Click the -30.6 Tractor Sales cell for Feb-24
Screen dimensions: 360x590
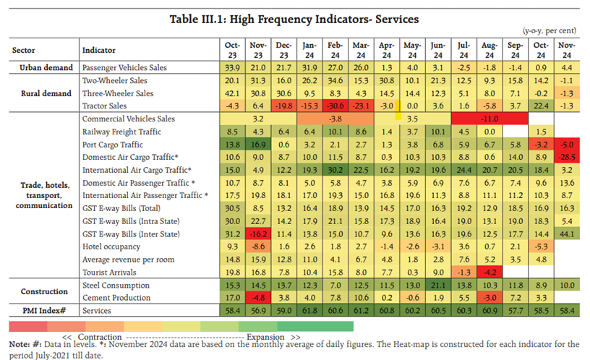click(x=335, y=106)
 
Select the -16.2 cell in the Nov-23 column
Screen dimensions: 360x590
click(x=258, y=234)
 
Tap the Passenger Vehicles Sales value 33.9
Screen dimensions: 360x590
click(x=231, y=68)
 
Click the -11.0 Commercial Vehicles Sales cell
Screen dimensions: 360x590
click(x=488, y=119)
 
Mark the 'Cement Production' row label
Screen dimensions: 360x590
click(x=116, y=297)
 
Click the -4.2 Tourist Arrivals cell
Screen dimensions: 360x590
click(x=488, y=273)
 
